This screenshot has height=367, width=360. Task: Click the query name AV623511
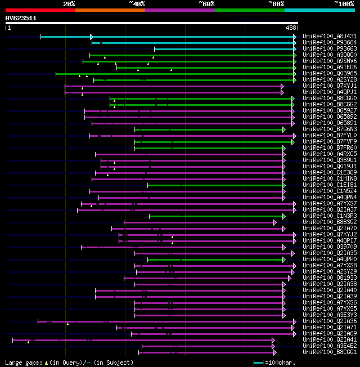(21, 18)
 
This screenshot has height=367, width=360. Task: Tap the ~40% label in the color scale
(137, 4)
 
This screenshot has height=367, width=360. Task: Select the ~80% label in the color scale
(276, 4)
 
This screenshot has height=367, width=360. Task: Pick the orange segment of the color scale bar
(110, 10)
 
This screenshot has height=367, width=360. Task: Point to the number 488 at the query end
(291, 28)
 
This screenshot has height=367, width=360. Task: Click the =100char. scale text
(281, 363)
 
